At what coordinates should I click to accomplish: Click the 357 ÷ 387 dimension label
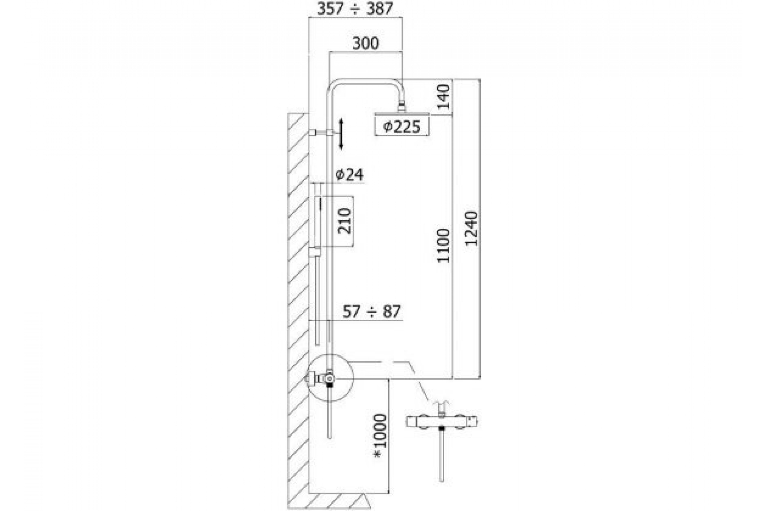tap(355, 9)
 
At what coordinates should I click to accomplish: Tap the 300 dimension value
tap(366, 43)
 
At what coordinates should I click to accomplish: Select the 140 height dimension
tap(443, 97)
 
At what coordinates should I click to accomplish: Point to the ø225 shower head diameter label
tap(401, 127)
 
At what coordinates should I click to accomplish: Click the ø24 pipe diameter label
tap(349, 175)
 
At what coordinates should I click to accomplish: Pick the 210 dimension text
tap(345, 221)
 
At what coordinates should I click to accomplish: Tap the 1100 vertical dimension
tap(443, 246)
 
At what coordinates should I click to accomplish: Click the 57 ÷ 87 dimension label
tap(371, 312)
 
